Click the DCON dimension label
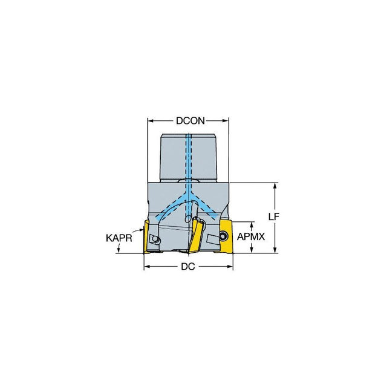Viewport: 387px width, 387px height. coord(190,121)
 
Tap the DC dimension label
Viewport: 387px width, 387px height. coord(188,267)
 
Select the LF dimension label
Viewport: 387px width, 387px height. coord(274,216)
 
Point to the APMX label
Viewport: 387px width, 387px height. coord(251,236)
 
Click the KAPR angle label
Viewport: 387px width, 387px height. coord(119,238)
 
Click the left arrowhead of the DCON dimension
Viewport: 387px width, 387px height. coord(151,121)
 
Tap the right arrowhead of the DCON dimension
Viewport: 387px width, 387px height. coord(226,121)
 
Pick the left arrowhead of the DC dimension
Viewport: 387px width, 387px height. coord(148,267)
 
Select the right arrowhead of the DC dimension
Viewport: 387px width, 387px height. coord(229,267)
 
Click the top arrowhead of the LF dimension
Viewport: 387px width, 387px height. coord(275,186)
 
